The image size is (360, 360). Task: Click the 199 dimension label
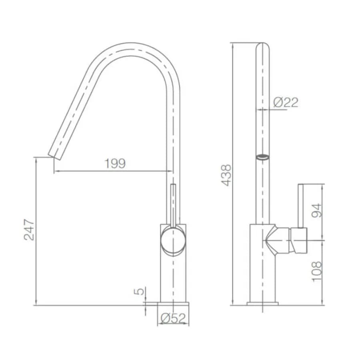click(x=115, y=164)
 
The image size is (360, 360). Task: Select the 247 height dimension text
click(x=29, y=230)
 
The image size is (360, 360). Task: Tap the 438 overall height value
click(x=226, y=175)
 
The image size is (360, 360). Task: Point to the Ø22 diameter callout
click(x=286, y=102)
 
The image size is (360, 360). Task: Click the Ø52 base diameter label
click(x=173, y=318)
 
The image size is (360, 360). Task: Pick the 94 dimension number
click(x=317, y=210)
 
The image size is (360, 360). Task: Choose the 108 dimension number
click(x=317, y=271)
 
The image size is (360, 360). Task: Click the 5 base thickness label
click(x=139, y=291)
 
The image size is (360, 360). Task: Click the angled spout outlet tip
click(x=55, y=156)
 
